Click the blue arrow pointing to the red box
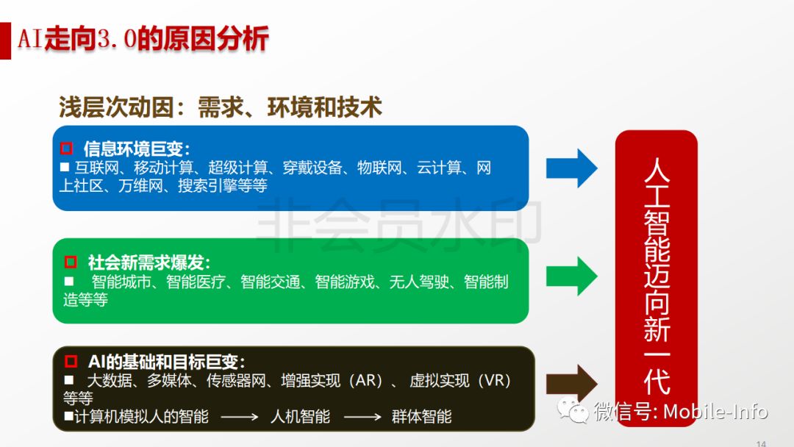coord(571,168)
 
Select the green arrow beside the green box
coord(571,276)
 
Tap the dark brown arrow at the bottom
coord(571,384)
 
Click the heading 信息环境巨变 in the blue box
coord(137,149)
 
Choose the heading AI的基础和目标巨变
coord(166,362)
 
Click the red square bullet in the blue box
coord(66,149)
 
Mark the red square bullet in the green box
coord(71,262)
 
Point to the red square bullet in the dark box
coord(71,362)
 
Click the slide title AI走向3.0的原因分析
coord(143,39)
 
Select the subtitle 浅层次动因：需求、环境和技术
coord(221,107)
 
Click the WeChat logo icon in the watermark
coord(572,410)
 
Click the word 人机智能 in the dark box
coord(300,417)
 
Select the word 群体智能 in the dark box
coord(421,417)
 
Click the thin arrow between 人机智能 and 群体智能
coord(362,418)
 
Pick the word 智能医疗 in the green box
coord(196,282)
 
